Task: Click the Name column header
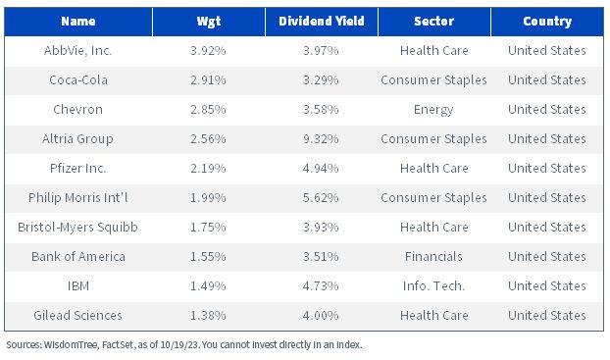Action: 78,21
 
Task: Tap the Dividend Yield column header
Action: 322,21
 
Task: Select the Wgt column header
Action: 209,22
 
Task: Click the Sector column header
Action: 433,21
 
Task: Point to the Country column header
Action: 547,22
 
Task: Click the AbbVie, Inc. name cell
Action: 77,51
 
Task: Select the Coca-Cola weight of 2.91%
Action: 208,79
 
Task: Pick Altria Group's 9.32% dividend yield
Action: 321,138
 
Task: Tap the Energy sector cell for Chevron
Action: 433,110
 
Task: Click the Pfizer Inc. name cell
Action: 77,168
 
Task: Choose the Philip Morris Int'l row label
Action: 77,198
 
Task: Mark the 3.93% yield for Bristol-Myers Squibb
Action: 321,227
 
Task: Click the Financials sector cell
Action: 433,256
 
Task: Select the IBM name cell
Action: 78,286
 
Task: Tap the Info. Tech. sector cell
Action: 433,286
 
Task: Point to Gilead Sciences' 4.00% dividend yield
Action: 321,315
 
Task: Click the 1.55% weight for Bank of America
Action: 208,256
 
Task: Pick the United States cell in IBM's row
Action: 547,286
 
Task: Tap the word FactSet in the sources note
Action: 118,345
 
